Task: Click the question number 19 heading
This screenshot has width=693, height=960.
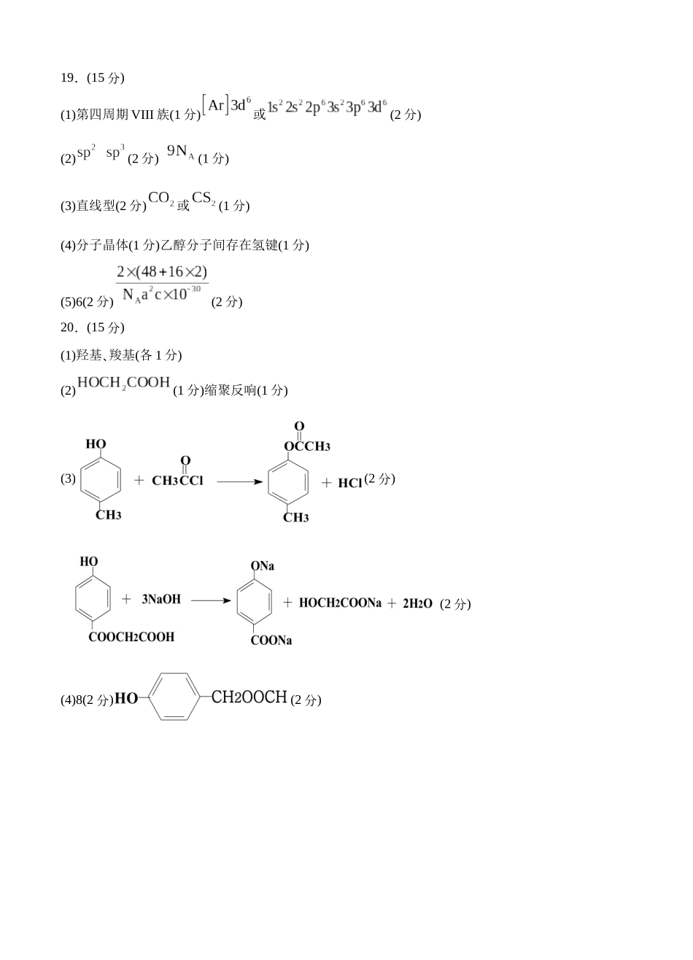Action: click(x=92, y=77)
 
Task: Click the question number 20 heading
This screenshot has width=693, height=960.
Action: click(x=92, y=327)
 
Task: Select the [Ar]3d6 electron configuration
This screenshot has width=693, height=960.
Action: click(x=227, y=105)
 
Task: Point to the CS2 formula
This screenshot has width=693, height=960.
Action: click(x=204, y=198)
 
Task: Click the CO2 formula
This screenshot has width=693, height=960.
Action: click(x=161, y=198)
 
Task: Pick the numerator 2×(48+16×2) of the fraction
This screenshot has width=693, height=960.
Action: click(x=162, y=271)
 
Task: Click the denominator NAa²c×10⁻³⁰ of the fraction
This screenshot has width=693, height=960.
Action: click(x=161, y=295)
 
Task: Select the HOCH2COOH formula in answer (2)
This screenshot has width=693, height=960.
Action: click(x=124, y=382)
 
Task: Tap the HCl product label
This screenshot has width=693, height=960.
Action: click(x=350, y=483)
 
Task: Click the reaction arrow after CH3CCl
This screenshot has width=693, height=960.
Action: click(x=239, y=481)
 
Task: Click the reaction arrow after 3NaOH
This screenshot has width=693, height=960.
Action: click(x=211, y=600)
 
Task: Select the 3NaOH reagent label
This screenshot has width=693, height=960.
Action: click(x=161, y=599)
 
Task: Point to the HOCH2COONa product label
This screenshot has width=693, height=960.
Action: click(x=340, y=603)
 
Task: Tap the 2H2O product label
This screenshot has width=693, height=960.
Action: click(x=417, y=603)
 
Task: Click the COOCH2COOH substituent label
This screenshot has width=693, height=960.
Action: click(x=131, y=637)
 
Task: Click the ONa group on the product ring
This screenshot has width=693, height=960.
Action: click(x=263, y=566)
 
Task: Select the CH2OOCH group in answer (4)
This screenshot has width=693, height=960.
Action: click(x=249, y=697)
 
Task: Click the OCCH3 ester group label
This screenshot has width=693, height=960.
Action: click(x=307, y=446)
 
